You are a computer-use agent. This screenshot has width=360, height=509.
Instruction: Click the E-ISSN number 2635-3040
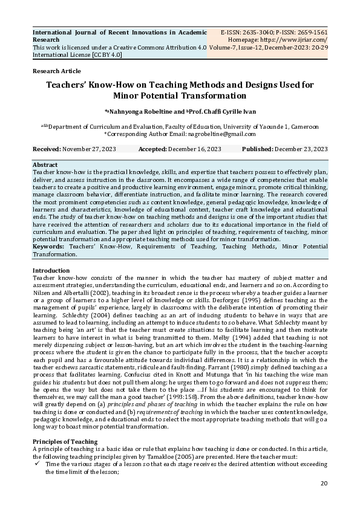250,31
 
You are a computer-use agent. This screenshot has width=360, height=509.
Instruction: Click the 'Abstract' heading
45,164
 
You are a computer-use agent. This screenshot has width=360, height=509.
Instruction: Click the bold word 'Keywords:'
49,247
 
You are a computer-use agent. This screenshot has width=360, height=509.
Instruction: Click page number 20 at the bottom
323,483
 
